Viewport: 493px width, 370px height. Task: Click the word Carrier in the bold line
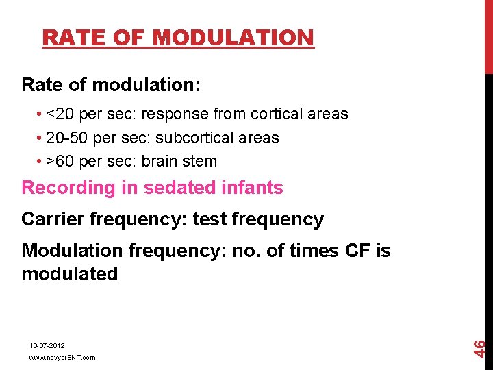click(53, 219)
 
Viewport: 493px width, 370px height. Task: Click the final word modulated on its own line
click(70, 274)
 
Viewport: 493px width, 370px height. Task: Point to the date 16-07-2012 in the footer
click(47, 347)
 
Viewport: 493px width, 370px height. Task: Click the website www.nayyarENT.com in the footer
click(62, 358)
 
